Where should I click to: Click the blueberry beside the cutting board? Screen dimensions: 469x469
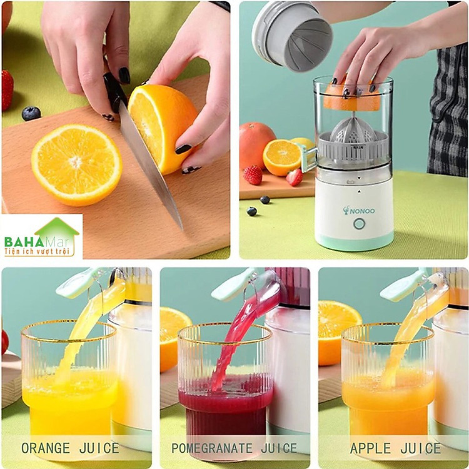31,113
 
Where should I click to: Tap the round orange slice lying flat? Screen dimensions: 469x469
76,165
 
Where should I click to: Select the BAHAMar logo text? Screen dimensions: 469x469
36,241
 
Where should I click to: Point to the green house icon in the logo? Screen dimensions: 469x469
57,229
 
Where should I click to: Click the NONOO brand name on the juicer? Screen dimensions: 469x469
359,211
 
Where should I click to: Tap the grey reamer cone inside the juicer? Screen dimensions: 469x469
353,129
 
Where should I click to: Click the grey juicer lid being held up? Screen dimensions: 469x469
291,36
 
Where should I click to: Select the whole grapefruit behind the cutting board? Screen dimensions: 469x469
256,146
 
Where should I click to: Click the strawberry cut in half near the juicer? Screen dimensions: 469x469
295,177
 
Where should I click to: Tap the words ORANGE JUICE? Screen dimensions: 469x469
70,448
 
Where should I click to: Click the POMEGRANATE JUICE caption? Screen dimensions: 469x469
234,448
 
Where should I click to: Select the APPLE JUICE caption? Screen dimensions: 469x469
395,448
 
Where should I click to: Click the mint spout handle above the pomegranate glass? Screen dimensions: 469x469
234,285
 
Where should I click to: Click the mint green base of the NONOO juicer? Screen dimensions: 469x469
354,241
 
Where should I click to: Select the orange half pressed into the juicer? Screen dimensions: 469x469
351,95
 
